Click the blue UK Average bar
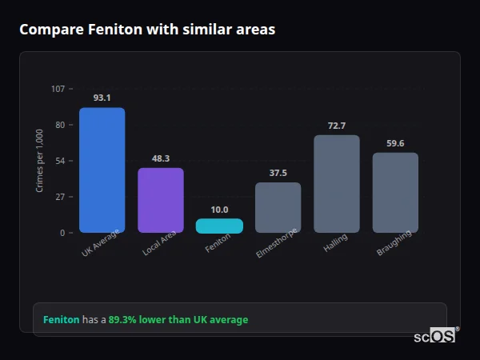[102, 170]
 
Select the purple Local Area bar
[161, 200]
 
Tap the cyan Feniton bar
[219, 226]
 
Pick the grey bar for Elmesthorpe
[278, 207]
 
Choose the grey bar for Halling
[337, 183]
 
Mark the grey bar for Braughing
[395, 192]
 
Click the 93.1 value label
[102, 98]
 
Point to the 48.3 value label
[161, 158]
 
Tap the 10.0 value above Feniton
[219, 210]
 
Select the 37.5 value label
[278, 173]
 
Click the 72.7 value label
[337, 126]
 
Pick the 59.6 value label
[395, 143]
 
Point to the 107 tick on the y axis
[58, 89]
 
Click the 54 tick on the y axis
[60, 161]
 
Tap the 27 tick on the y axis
[60, 197]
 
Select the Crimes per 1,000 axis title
[40, 160]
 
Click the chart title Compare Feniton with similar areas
[147, 30]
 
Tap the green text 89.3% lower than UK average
[178, 320]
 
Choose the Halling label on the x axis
[335, 244]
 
